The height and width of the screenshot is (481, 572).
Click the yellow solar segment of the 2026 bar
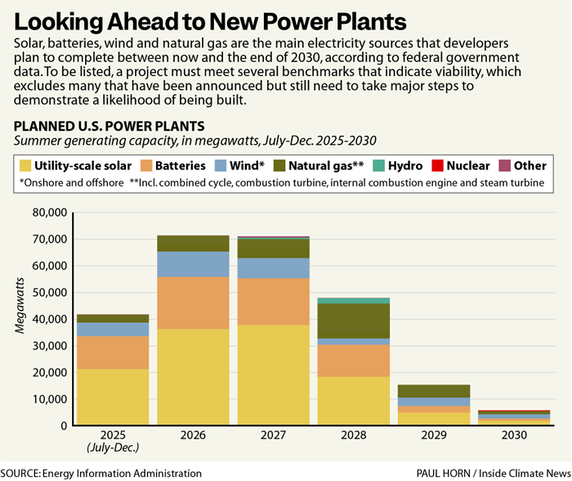tap(193, 377)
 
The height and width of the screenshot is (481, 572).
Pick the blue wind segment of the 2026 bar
tap(193, 264)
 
